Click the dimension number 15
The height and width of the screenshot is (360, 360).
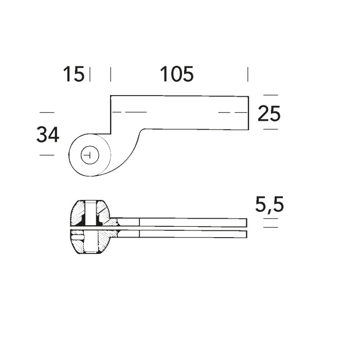73,75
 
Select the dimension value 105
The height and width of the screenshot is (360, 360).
176,75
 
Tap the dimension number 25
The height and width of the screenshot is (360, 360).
269,113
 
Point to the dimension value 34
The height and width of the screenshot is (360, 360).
47,135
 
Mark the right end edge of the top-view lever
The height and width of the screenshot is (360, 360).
249,112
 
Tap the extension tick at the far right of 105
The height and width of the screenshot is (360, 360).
248,74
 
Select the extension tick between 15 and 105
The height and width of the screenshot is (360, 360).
111,74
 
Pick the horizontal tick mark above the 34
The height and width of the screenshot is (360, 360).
46,112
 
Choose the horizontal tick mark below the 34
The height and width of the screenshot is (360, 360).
46,155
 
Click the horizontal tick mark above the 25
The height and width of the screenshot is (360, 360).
270,95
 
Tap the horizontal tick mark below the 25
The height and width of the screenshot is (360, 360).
270,129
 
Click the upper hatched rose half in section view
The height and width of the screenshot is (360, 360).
91,212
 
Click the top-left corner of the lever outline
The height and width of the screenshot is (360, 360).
111,96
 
